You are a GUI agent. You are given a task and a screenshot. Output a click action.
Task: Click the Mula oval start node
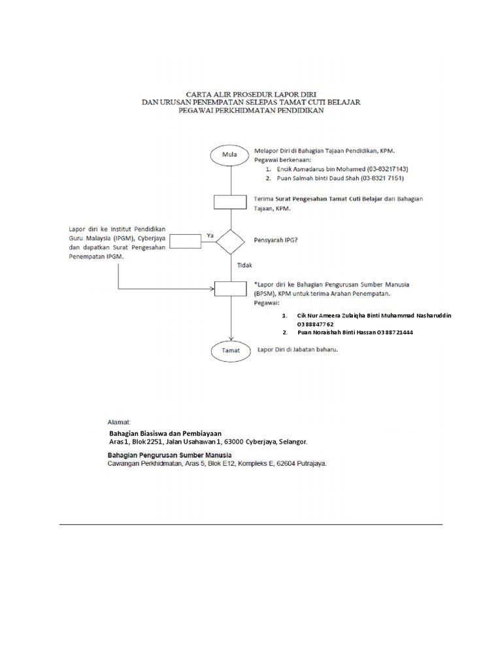229,155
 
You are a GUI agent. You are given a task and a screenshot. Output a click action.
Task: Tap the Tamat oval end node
229,351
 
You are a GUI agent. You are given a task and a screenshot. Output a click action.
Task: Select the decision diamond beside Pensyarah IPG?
229,242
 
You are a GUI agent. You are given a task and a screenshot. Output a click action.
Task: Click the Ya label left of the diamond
210,234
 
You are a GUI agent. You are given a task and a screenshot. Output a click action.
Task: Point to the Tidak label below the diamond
245,266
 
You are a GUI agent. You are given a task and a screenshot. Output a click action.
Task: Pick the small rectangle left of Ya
185,242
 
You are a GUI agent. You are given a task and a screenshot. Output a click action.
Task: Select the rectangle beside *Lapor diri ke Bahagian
229,288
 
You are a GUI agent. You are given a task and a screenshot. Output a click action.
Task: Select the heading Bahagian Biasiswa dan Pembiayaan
165,433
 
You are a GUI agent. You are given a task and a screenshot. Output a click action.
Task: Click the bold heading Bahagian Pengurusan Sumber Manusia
172,455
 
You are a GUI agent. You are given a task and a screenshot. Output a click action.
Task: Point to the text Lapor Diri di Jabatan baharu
298,350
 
